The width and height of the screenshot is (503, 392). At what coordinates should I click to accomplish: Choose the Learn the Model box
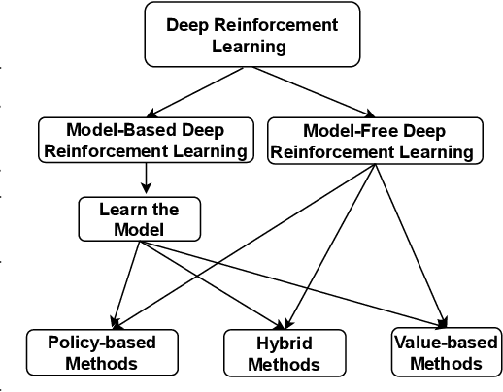tap(139, 219)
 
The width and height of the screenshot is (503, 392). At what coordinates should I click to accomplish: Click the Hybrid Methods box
tap(284, 353)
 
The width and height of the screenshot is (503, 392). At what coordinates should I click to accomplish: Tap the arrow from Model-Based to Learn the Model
tap(146, 177)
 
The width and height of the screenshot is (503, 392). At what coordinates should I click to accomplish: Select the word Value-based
tap(446, 342)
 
